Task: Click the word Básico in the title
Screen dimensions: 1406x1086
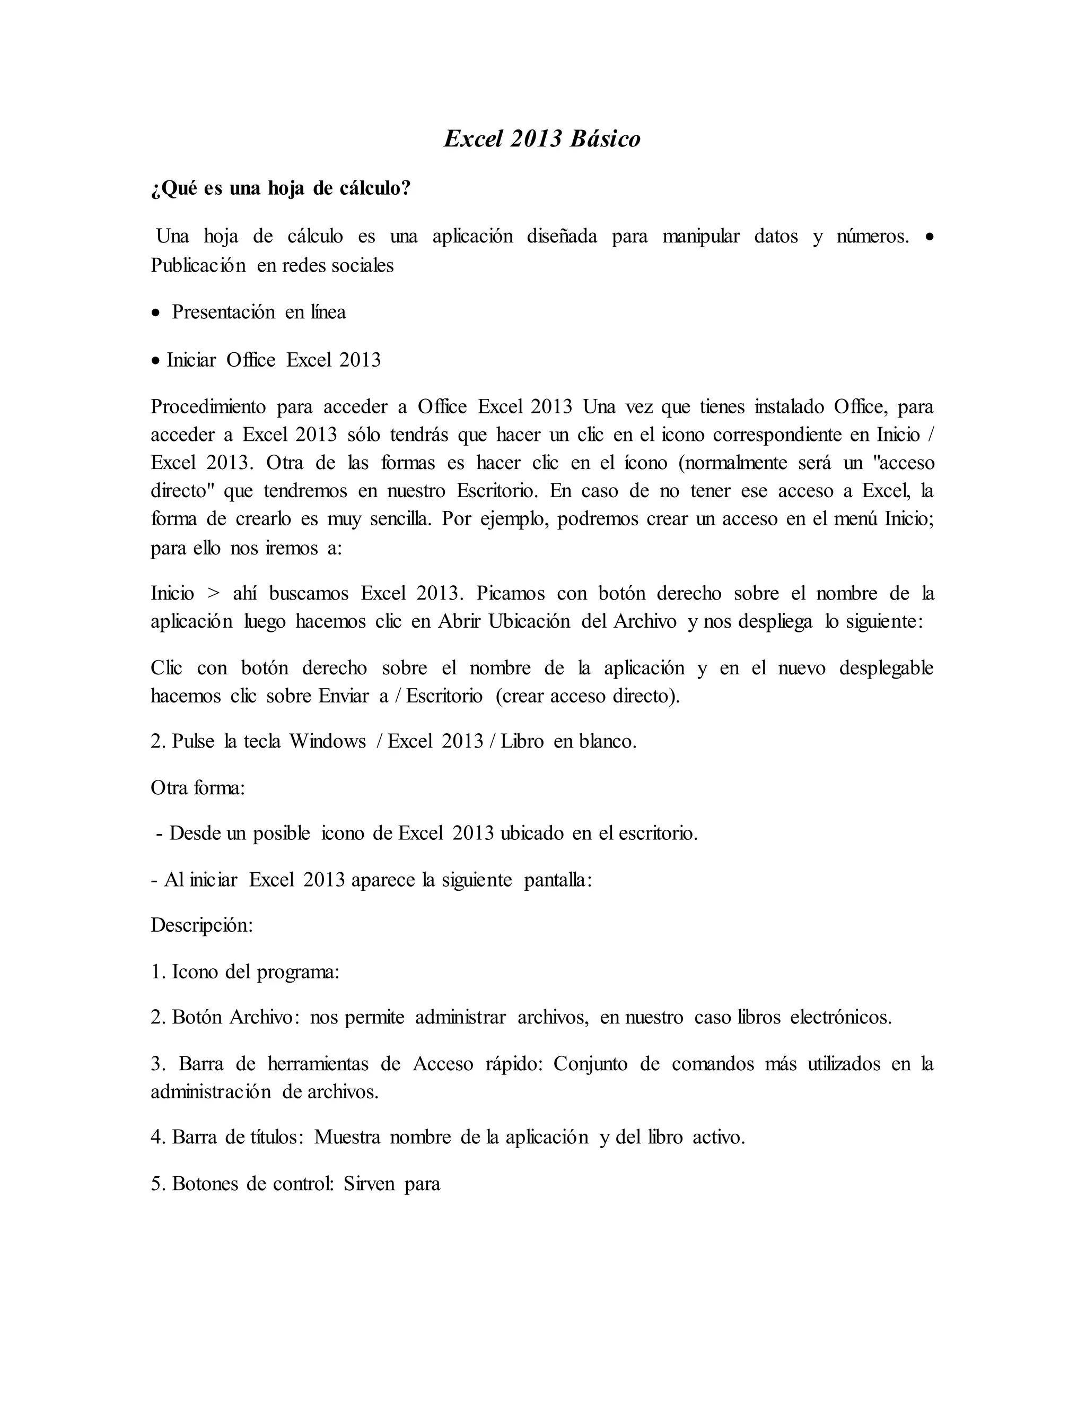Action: [x=605, y=139]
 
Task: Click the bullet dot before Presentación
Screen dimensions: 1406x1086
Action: [x=156, y=314]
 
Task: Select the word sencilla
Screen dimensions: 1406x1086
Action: [x=399, y=519]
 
